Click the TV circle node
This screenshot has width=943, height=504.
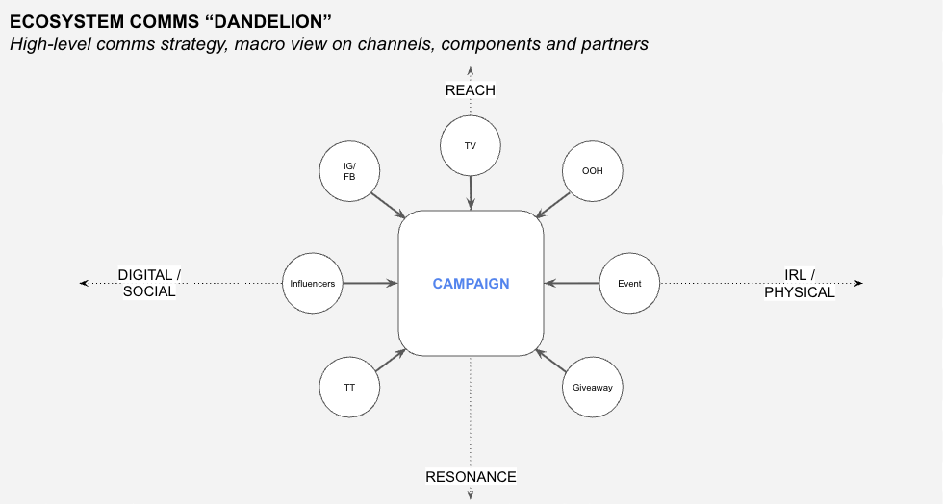click(x=471, y=145)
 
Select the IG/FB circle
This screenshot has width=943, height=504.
click(x=349, y=171)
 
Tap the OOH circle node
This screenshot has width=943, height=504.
click(x=593, y=171)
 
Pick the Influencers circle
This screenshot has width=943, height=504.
click(x=313, y=284)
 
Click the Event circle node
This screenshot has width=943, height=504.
click(x=629, y=284)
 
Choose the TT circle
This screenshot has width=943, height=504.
click(x=349, y=388)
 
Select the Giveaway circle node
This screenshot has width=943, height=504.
click(x=593, y=388)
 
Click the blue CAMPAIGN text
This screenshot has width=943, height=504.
click(x=471, y=284)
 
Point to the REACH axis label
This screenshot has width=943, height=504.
click(x=471, y=90)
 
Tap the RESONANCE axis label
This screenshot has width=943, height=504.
click(x=471, y=477)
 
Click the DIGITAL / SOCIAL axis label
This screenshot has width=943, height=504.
click(x=149, y=284)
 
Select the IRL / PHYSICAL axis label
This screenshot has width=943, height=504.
click(x=800, y=284)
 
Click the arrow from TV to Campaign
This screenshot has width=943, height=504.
click(x=471, y=193)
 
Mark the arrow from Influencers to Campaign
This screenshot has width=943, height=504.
click(x=370, y=284)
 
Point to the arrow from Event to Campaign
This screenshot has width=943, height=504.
click(x=572, y=284)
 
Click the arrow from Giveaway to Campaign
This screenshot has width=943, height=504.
click(x=550, y=361)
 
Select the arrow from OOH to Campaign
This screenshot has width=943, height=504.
click(x=552, y=206)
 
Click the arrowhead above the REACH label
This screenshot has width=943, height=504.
click(x=471, y=71)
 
